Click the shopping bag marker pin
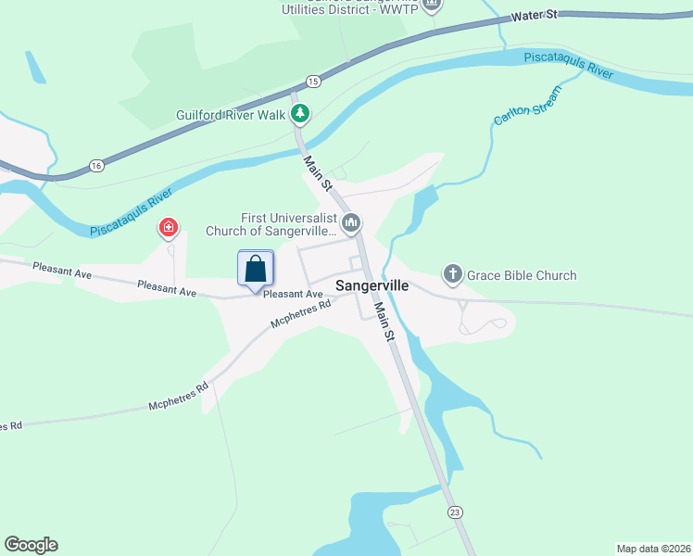[x=256, y=269]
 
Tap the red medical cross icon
[x=169, y=227]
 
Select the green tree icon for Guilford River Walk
[x=300, y=115]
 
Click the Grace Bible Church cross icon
[x=452, y=274]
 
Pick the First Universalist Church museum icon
[x=351, y=222]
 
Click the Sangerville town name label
[x=371, y=285]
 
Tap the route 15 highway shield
[x=313, y=82]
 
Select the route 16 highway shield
[x=96, y=165]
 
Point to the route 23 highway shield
[x=453, y=512]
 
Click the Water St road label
[x=536, y=16]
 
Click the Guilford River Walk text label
[x=232, y=116]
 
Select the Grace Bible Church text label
[x=522, y=275]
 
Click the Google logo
[x=31, y=545]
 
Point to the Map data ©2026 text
[x=653, y=548]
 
